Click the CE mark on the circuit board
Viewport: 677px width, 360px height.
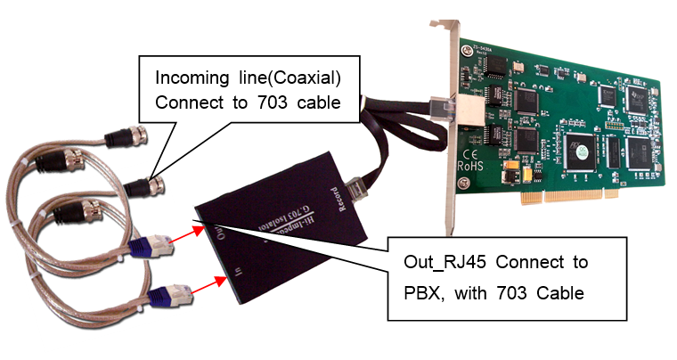pos(467,148)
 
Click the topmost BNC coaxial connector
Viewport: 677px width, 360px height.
pos(120,138)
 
